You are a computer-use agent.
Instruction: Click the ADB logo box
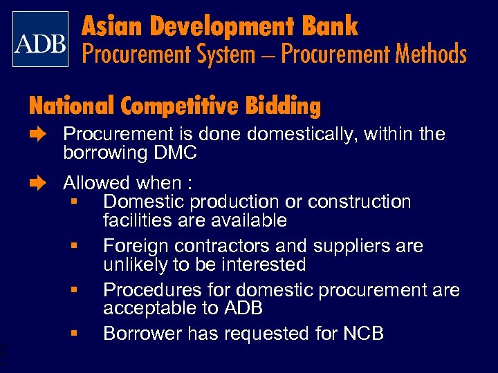click(x=41, y=39)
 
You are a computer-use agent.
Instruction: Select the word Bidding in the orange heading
click(x=283, y=106)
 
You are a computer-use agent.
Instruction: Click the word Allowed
click(x=96, y=183)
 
